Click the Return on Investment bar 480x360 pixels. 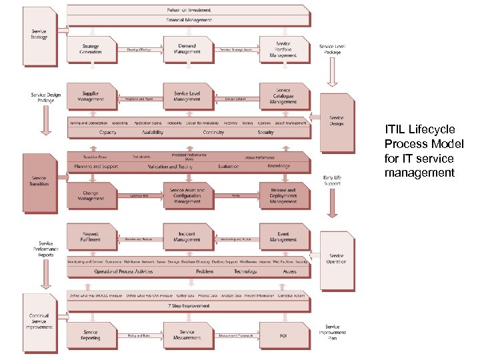tap(189, 10)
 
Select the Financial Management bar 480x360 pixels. tap(189, 21)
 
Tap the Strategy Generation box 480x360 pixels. tap(91, 49)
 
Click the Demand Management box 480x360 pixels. tap(187, 49)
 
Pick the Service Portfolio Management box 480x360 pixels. tap(284, 49)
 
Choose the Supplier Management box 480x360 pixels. tap(91, 97)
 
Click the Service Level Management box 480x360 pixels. tap(187, 97)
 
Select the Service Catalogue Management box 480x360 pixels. tap(284, 97)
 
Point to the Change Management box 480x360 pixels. tap(91, 195)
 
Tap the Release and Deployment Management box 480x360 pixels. tap(284, 195)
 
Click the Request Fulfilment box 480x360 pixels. tap(91, 237)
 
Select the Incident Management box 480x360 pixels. tap(187, 237)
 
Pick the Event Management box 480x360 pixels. tap(284, 237)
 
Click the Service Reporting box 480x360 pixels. tap(91, 335)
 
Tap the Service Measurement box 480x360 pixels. tap(187, 335)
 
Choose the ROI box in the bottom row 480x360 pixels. tap(284, 335)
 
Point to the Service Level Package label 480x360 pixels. tap(333, 49)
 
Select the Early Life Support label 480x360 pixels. tap(333, 180)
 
